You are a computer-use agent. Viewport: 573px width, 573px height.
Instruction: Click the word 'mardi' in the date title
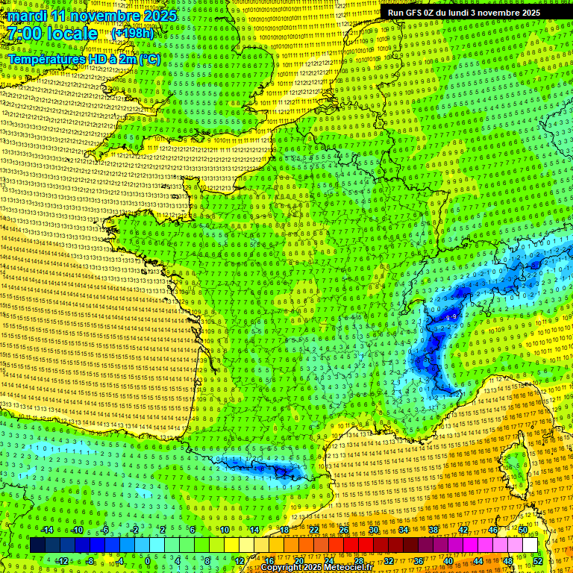28,16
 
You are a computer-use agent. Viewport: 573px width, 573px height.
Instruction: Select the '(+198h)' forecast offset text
132,34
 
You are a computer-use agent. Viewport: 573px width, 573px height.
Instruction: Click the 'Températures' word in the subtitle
46,58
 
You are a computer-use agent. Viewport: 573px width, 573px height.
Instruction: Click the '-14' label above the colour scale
46,530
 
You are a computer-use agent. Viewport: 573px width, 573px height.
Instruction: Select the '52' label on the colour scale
538,560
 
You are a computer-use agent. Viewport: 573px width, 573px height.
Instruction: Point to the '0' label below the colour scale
148,560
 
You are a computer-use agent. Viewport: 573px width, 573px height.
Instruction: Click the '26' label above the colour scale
344,530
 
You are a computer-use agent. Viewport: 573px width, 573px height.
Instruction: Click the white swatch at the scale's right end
530,545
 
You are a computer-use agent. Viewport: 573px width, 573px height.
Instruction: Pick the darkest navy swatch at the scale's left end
38,545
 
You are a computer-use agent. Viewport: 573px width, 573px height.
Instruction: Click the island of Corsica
515,466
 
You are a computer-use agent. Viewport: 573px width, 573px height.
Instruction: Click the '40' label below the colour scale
448,560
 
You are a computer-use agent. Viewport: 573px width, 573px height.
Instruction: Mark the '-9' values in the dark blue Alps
451,318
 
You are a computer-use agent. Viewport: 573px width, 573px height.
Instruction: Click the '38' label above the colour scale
433,530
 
